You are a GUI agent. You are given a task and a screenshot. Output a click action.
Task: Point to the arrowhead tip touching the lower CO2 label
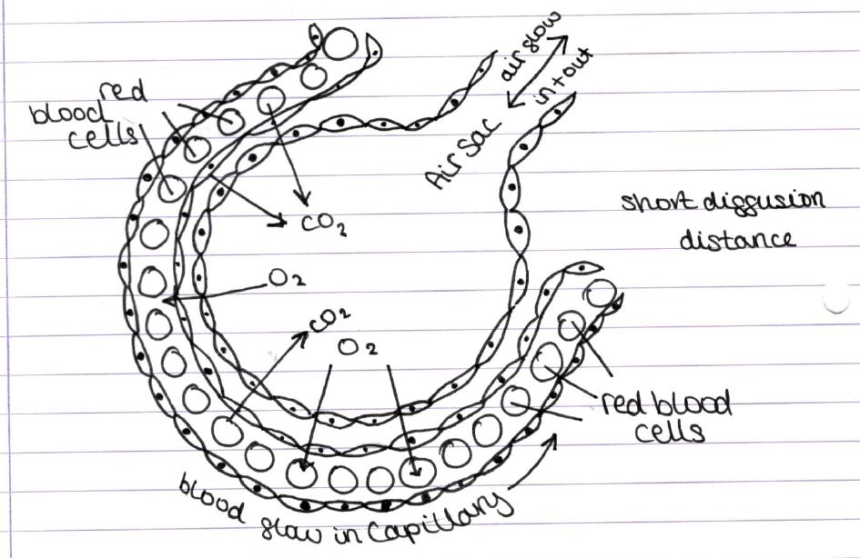[x=308, y=332]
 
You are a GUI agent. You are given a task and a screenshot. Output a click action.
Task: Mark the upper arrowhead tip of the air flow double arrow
[x=567, y=36]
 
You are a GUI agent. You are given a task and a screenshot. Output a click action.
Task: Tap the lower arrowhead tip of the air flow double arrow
[x=508, y=106]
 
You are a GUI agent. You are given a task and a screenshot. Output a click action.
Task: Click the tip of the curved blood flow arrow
[x=556, y=434]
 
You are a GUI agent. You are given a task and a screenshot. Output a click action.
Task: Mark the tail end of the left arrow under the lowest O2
[x=331, y=366]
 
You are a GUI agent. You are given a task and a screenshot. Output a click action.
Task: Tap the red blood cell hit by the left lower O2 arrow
[x=301, y=472]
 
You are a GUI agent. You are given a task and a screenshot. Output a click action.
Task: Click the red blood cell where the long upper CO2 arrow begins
[x=271, y=101]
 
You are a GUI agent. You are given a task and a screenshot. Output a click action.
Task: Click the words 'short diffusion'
[x=723, y=203]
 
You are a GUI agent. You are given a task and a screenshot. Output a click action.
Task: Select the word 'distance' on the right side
[x=737, y=239]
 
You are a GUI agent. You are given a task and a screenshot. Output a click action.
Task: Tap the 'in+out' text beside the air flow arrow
[x=564, y=77]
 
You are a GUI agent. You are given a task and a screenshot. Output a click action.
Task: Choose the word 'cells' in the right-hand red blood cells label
[x=669, y=432]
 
